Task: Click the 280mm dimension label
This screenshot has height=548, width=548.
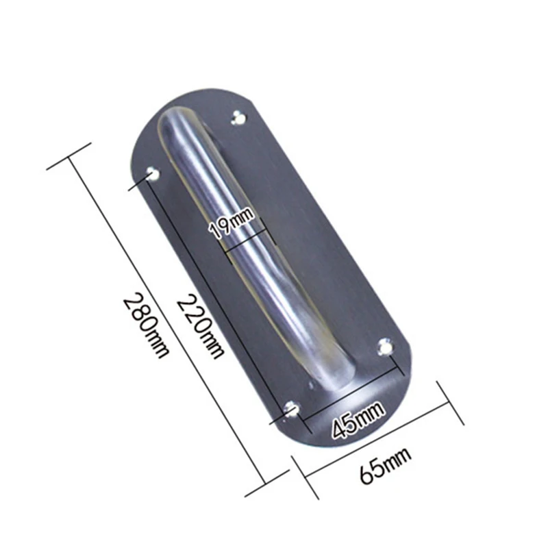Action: click(145, 326)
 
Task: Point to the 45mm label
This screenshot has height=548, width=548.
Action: click(358, 417)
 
